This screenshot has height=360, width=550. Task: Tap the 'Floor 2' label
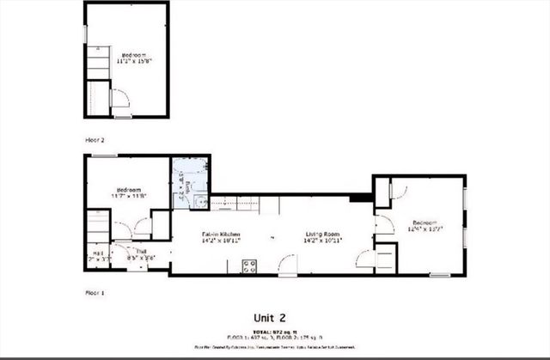95,138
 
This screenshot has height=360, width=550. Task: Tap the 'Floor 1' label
95,293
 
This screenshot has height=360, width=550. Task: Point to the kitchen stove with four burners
250,266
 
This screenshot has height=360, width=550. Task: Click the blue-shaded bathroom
190,181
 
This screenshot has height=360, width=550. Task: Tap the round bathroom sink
198,203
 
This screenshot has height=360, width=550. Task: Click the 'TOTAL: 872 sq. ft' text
274,331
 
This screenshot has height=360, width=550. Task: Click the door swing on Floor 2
119,101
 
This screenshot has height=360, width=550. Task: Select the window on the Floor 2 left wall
85,32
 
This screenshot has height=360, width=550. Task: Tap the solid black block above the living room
364,197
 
